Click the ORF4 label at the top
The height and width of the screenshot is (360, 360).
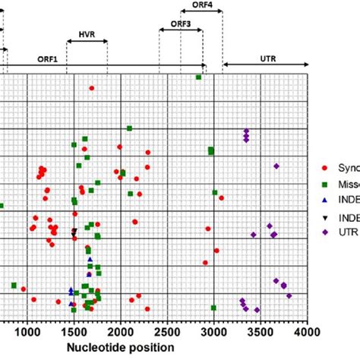pyautogui.click(x=202, y=5)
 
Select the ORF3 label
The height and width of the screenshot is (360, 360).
pyautogui.click(x=181, y=24)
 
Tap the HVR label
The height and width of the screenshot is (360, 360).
pyautogui.click(x=87, y=35)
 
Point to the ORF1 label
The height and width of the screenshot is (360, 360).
pyautogui.click(x=48, y=57)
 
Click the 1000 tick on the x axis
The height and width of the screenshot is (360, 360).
pyautogui.click(x=27, y=333)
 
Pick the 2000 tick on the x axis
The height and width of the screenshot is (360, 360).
pyautogui.click(x=120, y=333)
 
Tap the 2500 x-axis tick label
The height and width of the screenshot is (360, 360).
pyautogui.click(x=166, y=333)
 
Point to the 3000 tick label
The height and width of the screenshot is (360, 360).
pyautogui.click(x=213, y=333)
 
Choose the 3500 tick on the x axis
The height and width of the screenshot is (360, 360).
pyautogui.click(x=260, y=333)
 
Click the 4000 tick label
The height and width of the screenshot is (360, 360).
pyautogui.click(x=306, y=333)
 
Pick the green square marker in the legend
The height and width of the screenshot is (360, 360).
pyautogui.click(x=324, y=184)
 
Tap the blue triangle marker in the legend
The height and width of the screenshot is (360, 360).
pyautogui.click(x=324, y=200)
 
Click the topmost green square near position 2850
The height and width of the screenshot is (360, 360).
pyautogui.click(x=199, y=77)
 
